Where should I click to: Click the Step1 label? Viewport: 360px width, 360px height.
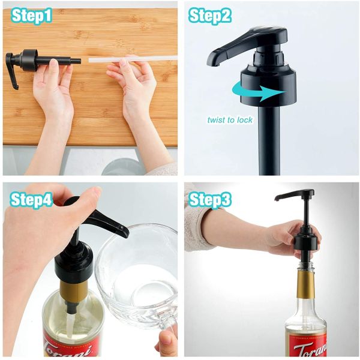(x=32, y=16)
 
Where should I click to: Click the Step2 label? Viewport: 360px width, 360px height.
(x=211, y=16)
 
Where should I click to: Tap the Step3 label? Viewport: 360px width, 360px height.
(x=211, y=199)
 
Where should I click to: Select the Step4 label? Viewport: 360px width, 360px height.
(x=32, y=199)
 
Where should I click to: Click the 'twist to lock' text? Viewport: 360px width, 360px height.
(x=230, y=119)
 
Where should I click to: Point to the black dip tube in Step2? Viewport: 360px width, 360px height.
(x=269, y=144)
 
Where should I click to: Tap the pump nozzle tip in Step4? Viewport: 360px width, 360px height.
(x=122, y=230)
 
